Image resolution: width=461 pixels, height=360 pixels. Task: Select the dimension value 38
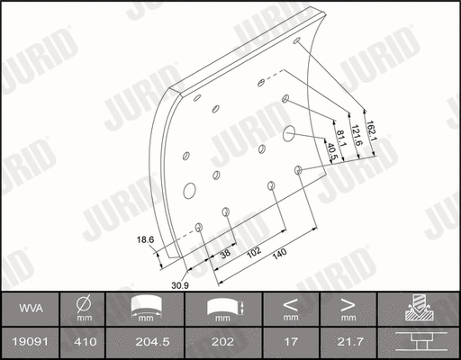224,255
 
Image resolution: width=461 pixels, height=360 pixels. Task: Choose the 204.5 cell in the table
145,341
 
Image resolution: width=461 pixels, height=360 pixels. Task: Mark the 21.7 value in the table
348,341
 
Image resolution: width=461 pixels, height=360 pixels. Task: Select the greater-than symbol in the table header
348,304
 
